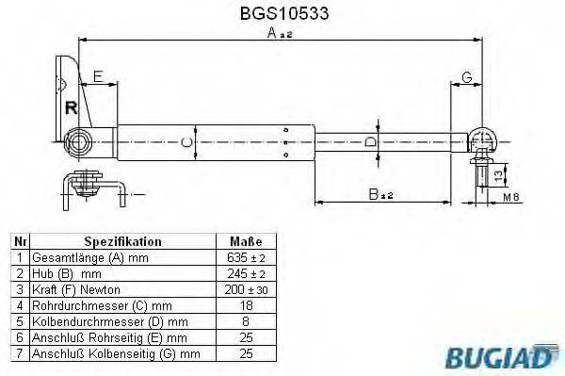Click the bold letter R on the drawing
pyautogui.click(x=69, y=106)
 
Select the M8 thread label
pyautogui.click(x=509, y=197)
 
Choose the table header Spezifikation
pyautogui.click(x=122, y=241)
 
